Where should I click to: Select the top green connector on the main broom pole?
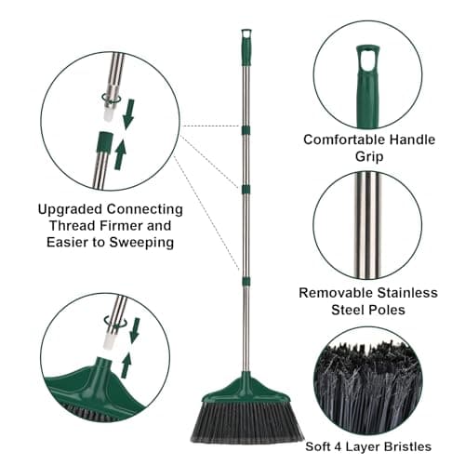point(246,128)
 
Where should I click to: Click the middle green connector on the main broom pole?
point(246,189)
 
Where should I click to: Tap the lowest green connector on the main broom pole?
point(246,280)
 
